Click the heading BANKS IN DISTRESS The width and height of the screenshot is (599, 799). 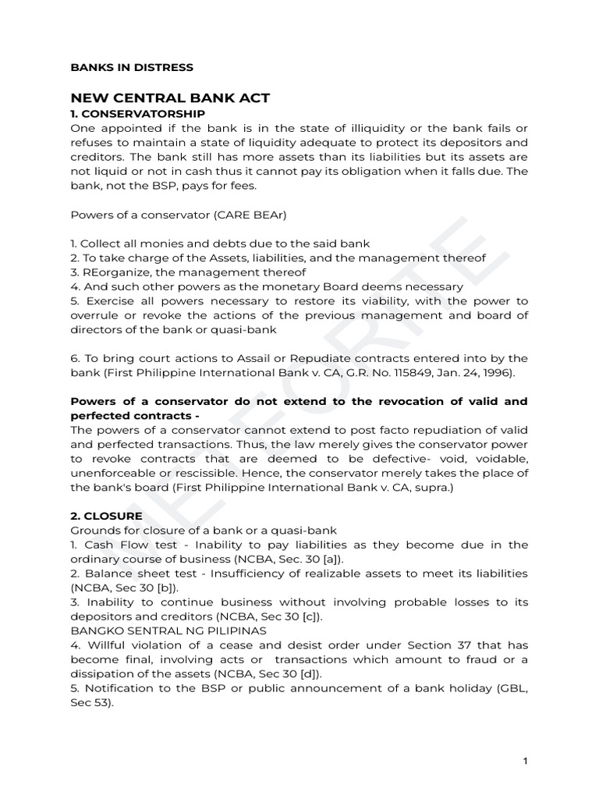tap(132, 68)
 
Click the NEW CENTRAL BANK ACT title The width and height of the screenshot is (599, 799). tap(170, 98)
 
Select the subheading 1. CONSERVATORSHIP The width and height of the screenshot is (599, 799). tap(137, 114)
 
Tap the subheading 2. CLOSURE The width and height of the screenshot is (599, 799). tap(106, 516)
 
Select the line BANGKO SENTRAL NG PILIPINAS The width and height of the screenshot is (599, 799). tap(168, 630)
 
